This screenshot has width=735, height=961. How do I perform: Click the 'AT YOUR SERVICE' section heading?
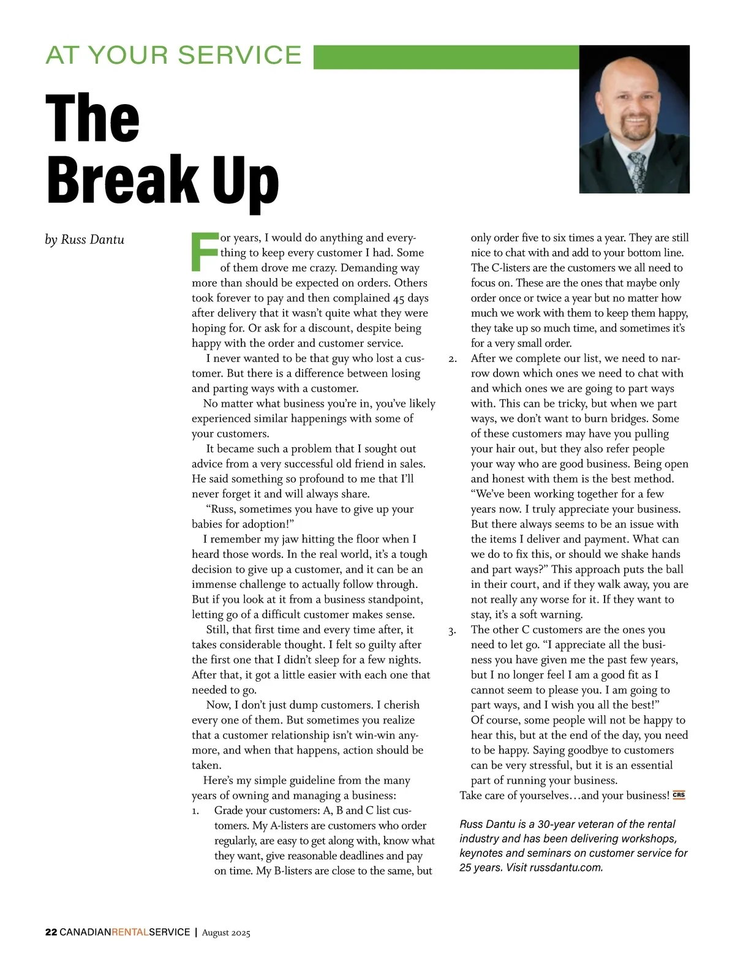(173, 55)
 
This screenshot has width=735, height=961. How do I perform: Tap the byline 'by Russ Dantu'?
(85, 239)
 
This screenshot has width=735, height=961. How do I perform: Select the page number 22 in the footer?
(51, 932)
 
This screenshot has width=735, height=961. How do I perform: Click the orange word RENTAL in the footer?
(130, 932)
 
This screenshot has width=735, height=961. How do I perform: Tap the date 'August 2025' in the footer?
(226, 933)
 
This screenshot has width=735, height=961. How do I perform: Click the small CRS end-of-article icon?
(679, 795)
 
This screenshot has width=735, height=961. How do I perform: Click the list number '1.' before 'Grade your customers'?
(195, 811)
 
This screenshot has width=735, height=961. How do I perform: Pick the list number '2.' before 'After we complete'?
(453, 359)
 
